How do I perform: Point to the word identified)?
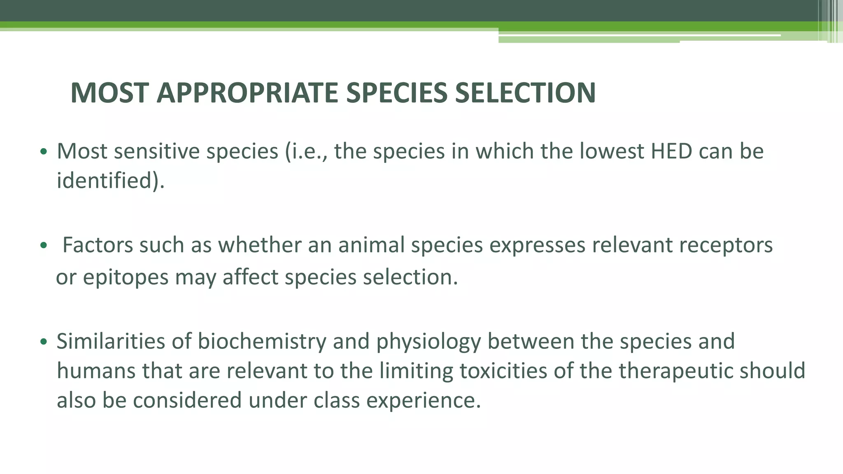[110, 181]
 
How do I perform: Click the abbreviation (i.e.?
[306, 151]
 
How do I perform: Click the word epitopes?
[126, 278]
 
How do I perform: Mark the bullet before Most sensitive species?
[44, 152]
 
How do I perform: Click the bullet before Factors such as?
[44, 246]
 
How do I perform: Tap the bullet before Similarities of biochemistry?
[44, 342]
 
